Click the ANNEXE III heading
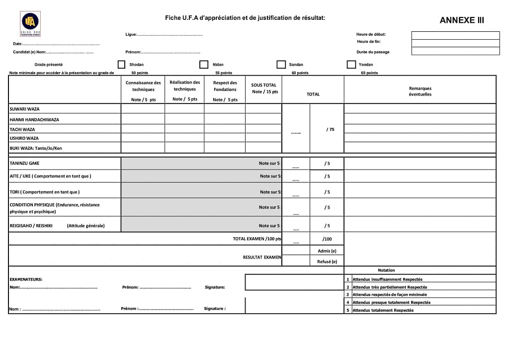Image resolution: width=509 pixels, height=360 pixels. click(461, 20)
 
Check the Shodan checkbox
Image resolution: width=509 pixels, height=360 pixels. click(121, 65)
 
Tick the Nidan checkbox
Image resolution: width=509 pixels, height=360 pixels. click(204, 65)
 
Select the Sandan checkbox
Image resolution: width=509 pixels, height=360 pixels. click(281, 65)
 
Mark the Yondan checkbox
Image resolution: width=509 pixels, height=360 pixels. click(351, 65)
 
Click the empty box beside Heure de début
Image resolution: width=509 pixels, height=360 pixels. click(455, 35)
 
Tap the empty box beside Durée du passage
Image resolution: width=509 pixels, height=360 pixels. click(455, 51)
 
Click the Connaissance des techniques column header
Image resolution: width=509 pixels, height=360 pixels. click(143, 86)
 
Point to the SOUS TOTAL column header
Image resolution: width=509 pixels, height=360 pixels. click(264, 88)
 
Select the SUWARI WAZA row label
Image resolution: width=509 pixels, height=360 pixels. click(24, 109)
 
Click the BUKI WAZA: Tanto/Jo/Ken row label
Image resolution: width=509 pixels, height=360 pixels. click(36, 148)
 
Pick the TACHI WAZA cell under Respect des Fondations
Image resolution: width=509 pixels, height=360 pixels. click(225, 129)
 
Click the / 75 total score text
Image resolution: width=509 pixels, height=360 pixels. click(330, 129)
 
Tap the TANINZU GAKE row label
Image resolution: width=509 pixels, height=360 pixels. click(25, 163)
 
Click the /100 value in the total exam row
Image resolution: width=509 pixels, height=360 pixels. click(327, 239)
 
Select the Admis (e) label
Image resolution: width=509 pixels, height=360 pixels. click(327, 251)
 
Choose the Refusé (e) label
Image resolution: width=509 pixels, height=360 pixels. click(327, 262)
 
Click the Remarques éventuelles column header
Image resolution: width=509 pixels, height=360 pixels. click(420, 91)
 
